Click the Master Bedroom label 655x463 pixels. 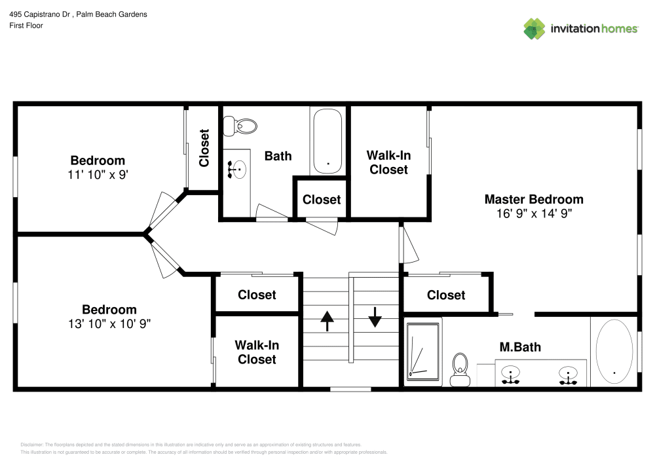point(533,199)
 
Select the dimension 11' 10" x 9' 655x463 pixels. point(98,175)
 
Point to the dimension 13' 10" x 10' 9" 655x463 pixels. point(109,324)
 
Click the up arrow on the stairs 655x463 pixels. point(326,319)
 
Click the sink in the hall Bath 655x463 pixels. point(237,170)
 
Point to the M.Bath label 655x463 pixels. point(520,347)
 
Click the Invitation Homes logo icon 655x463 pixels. point(534,29)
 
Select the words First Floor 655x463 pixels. point(26,26)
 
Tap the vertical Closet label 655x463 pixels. point(204,147)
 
